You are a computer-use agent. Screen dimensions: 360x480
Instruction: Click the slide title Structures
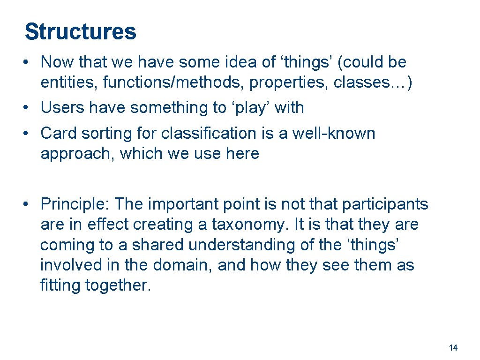click(80, 32)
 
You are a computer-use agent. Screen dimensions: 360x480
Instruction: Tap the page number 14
click(453, 348)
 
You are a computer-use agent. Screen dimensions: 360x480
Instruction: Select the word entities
click(69, 82)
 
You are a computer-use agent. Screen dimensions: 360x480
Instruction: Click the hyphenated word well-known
click(334, 133)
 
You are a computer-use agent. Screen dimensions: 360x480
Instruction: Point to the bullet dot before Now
click(29, 62)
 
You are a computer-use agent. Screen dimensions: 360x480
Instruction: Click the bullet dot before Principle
click(29, 205)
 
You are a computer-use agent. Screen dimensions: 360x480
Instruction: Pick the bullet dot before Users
click(29, 108)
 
